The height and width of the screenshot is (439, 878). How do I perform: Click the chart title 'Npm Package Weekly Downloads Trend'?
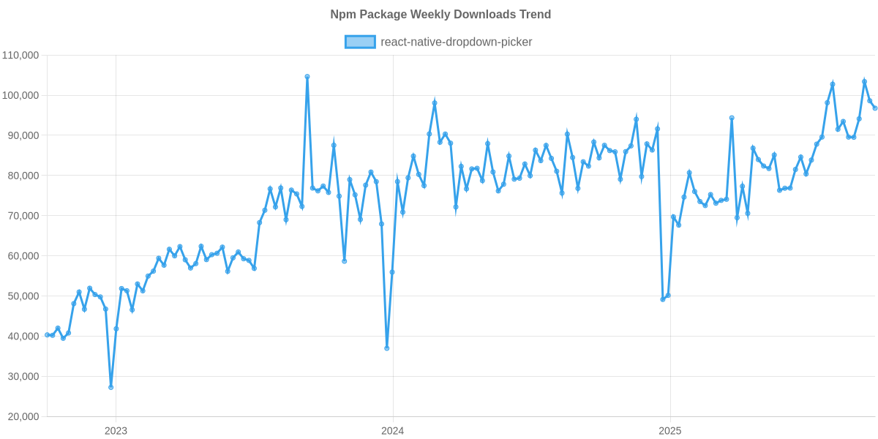click(440, 15)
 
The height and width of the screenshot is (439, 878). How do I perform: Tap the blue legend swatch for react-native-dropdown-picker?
click(359, 42)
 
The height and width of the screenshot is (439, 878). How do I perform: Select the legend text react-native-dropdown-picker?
click(456, 42)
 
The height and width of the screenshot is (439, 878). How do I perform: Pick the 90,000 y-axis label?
click(23, 136)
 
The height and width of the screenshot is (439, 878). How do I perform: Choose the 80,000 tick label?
click(23, 176)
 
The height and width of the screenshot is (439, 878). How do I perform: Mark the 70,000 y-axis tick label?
click(23, 217)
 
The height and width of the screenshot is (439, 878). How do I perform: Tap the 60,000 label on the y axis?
click(23, 257)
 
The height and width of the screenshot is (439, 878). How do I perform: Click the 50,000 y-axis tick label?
click(23, 296)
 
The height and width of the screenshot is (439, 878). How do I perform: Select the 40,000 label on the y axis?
click(23, 337)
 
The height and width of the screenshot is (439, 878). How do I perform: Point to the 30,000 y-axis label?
click(23, 377)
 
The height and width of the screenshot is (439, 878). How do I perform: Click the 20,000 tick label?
click(23, 417)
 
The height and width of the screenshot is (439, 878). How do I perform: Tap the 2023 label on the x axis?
click(116, 431)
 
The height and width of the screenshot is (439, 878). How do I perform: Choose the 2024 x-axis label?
click(393, 431)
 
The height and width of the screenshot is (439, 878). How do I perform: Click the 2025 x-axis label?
click(670, 431)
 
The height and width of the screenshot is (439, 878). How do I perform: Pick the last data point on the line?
click(875, 108)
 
